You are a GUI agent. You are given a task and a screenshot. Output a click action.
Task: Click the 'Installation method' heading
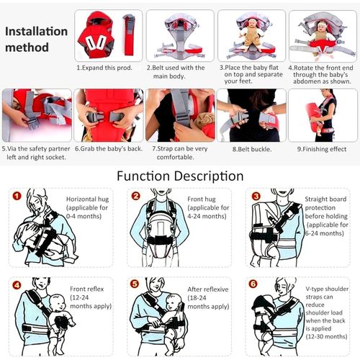35,40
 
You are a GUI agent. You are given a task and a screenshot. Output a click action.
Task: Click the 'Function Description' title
180,176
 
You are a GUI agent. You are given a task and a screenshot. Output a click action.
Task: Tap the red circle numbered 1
17,196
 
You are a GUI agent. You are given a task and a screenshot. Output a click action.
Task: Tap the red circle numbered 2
135,196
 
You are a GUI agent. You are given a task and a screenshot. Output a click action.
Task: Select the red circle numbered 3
256,196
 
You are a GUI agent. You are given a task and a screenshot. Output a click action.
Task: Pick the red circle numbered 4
17,284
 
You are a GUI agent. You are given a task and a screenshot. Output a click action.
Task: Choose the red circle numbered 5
135,284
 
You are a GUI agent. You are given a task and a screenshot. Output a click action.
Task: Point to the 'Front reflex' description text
89,294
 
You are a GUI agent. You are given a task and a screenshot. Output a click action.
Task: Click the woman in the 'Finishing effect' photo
326,115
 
